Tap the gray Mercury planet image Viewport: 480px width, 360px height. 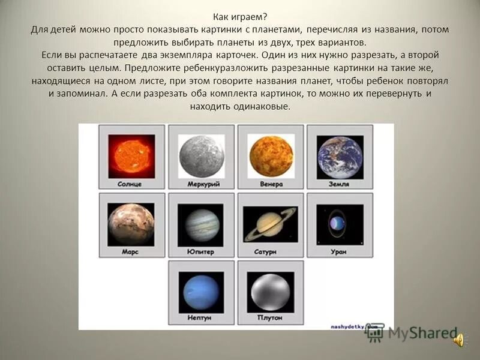click(201, 156)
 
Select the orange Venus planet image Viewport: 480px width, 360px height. click(271, 156)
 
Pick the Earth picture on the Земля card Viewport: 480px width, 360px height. click(340, 157)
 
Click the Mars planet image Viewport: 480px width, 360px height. click(131, 224)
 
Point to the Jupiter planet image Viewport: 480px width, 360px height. click(201, 225)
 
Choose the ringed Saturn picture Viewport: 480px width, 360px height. click(271, 224)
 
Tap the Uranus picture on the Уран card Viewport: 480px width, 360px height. click(340, 224)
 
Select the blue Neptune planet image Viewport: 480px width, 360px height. click(201, 292)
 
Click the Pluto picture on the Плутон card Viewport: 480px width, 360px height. click(271, 292)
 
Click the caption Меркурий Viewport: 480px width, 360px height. click(201, 184)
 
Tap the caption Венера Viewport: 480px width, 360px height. click(271, 184)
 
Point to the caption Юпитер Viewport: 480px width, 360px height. click(201, 252)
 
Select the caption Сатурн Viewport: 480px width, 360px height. click(271, 252)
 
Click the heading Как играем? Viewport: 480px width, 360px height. click(240, 17)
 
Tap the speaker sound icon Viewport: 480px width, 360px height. click(460, 341)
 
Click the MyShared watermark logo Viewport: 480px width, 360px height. click(414, 334)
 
